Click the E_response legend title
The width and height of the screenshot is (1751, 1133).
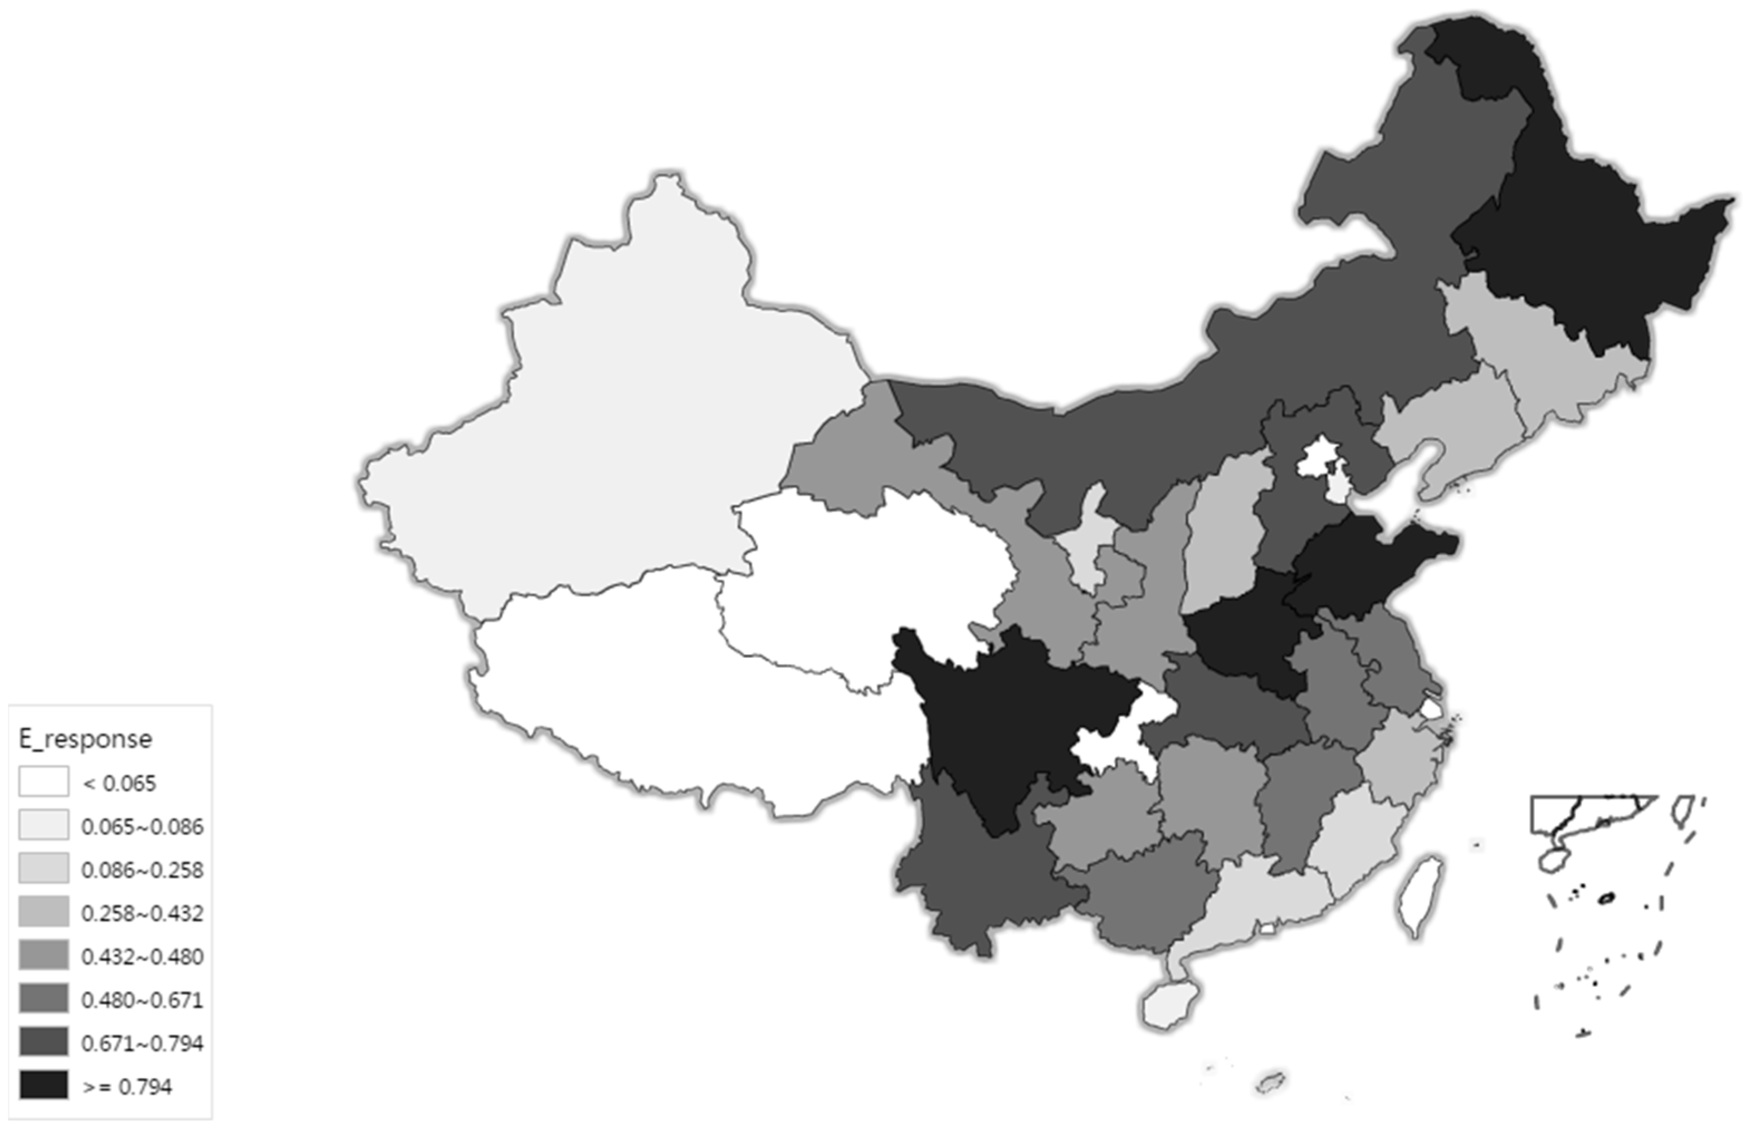tap(85, 738)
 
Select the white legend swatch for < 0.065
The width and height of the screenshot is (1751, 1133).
tap(44, 781)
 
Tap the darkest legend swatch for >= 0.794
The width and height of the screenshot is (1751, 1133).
tap(44, 1085)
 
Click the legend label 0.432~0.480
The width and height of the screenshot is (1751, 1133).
tap(142, 956)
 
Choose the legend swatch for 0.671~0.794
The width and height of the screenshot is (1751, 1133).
tap(44, 1042)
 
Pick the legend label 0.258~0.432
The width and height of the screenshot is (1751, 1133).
tap(142, 912)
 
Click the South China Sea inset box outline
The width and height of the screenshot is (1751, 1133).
tap(1592, 815)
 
